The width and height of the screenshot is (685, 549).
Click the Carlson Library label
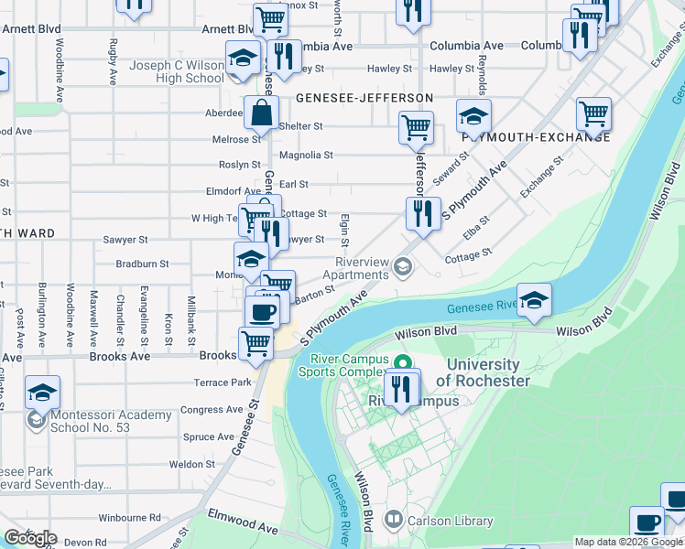(x=451, y=521)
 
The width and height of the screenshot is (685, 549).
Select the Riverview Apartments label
(x=349, y=268)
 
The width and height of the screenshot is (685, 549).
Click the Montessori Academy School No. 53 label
(x=100, y=421)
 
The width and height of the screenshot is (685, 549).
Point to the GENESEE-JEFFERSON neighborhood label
(x=364, y=98)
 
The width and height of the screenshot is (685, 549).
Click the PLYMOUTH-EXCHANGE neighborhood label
(x=536, y=136)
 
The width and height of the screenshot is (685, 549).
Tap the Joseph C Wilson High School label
(x=164, y=72)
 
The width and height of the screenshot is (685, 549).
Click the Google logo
(x=30, y=537)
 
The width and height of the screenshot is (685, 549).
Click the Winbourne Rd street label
(x=129, y=517)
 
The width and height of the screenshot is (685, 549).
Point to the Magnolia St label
(x=306, y=156)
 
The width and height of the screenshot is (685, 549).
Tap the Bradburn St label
(x=142, y=264)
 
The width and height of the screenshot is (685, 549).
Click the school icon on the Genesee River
(x=535, y=300)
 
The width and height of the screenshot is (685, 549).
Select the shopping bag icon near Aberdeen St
(x=261, y=113)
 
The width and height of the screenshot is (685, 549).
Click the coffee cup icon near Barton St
(x=262, y=310)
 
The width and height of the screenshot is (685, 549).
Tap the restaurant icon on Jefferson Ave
(x=421, y=213)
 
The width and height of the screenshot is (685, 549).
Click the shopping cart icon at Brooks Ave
(x=256, y=344)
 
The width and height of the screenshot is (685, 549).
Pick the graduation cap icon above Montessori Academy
(x=42, y=392)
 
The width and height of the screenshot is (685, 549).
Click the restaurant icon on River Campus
(x=400, y=388)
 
